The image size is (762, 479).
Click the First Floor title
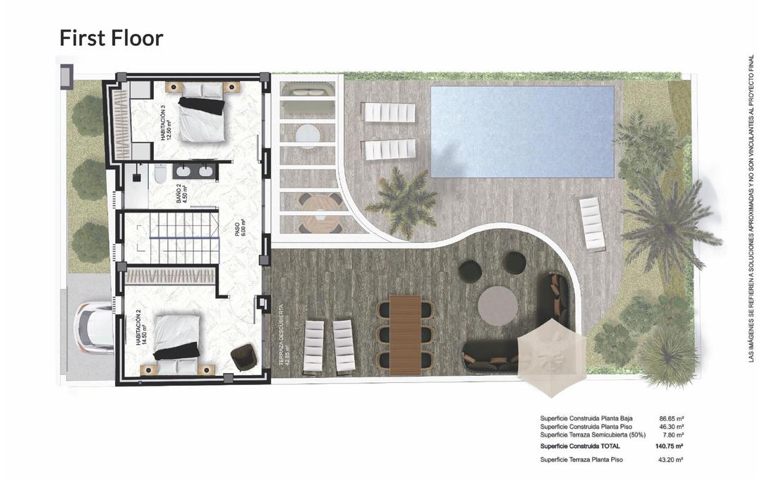point(111,38)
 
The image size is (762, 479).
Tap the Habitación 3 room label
point(166,122)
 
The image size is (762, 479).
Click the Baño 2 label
point(180,191)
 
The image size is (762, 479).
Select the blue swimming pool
point(521,131)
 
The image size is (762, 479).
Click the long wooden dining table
point(405,334)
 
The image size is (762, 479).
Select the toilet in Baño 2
point(159,174)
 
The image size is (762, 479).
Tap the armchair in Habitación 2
point(243,357)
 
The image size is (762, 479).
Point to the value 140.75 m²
point(670,447)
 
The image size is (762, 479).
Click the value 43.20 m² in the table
point(671,460)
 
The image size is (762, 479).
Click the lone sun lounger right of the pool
point(592,223)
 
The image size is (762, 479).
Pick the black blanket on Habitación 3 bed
point(201,105)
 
